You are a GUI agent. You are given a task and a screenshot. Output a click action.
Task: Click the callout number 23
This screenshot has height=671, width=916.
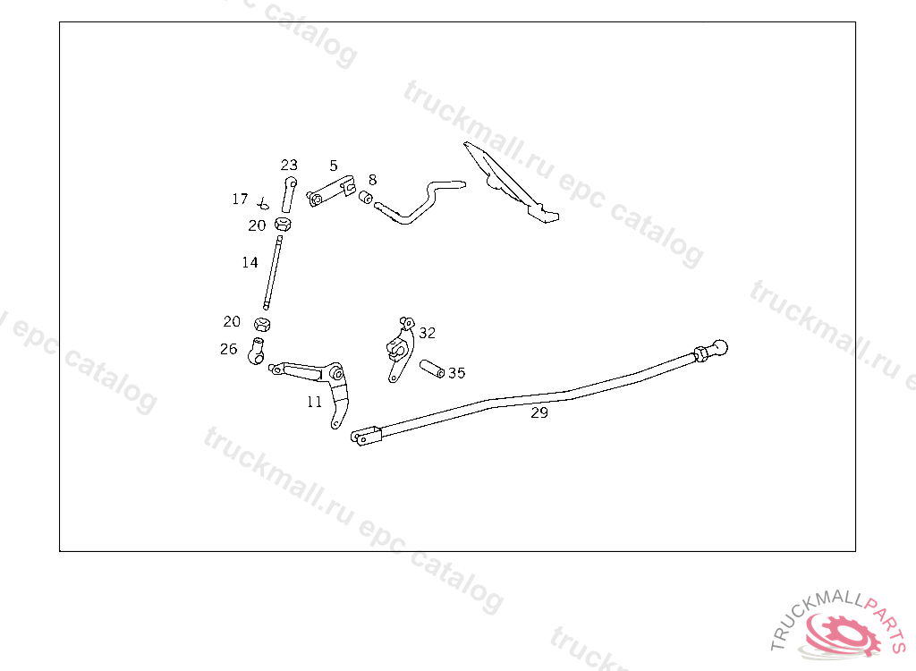click(x=289, y=166)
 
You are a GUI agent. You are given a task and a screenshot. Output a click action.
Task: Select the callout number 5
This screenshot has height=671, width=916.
click(x=334, y=166)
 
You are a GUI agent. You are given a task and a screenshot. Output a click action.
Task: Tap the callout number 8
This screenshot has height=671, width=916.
click(x=372, y=180)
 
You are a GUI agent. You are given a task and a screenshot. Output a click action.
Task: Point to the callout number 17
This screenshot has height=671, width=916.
click(x=240, y=199)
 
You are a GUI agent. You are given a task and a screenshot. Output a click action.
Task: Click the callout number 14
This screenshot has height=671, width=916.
click(x=250, y=262)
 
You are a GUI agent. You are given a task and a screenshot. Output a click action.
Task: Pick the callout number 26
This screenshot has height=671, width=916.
click(x=229, y=349)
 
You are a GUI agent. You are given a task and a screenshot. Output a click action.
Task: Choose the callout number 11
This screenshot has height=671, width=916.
click(x=314, y=402)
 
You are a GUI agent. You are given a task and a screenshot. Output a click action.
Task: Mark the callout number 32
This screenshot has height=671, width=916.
click(x=427, y=333)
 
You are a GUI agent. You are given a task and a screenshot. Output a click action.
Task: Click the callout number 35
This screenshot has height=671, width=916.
click(x=456, y=372)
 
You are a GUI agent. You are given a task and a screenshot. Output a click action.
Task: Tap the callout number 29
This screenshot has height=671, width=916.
click(x=539, y=412)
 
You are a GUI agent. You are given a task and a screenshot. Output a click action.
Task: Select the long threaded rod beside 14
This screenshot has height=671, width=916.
click(x=273, y=269)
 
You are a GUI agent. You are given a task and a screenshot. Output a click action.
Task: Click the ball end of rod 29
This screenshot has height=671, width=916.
click(x=718, y=346)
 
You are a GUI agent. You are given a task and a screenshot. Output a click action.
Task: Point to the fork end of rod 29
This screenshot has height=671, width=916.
click(x=366, y=438)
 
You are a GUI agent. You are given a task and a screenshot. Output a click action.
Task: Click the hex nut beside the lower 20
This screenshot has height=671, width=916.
click(x=263, y=323)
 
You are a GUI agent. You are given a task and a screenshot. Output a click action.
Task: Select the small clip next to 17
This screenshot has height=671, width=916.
click(x=263, y=202)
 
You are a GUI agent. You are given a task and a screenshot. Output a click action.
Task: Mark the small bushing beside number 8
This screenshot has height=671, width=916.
click(x=366, y=196)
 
